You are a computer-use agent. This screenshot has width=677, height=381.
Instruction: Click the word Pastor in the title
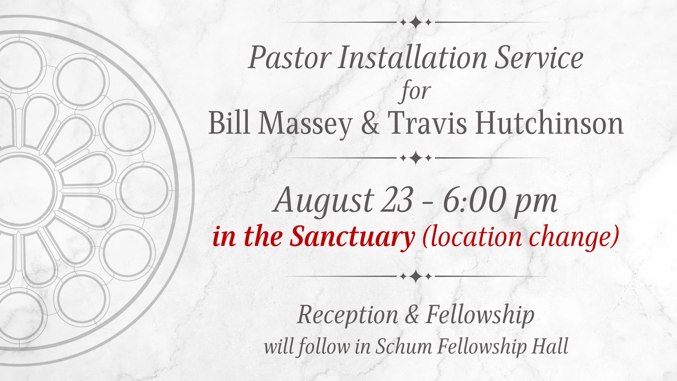pos(288,58)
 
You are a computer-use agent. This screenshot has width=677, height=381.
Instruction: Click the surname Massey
pos(305,125)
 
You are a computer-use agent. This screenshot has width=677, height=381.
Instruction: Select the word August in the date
pos(323,201)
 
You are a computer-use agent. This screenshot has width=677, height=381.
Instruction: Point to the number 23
pos(397,200)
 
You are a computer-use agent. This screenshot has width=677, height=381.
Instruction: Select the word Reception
pos(348,315)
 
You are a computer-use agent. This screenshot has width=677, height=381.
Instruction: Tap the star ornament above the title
pos(416,22)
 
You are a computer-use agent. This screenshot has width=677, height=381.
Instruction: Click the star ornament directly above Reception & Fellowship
pos(416,276)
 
